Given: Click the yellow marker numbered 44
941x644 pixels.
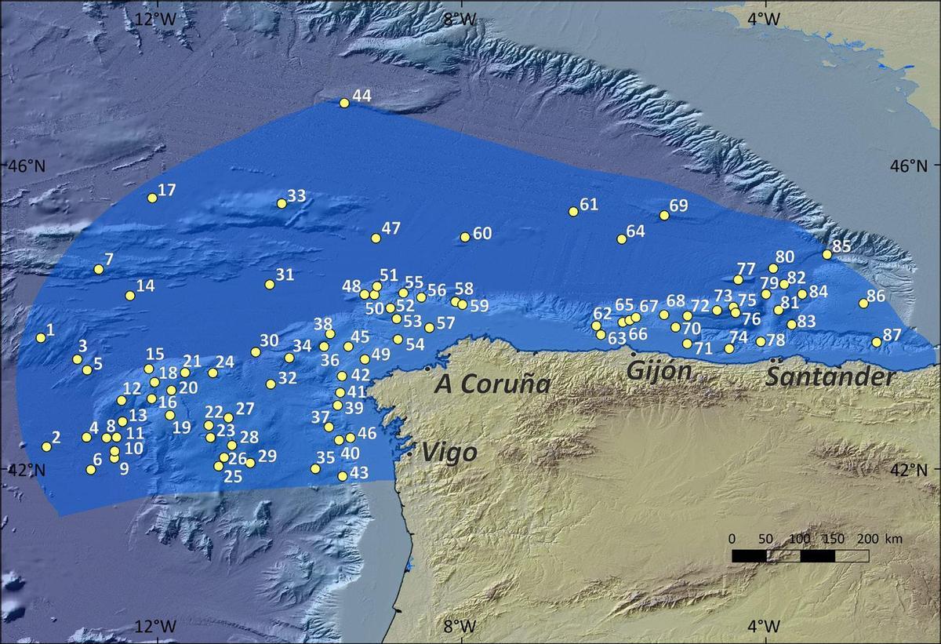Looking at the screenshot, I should coord(344,103).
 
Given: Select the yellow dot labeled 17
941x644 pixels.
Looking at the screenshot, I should coord(152,198).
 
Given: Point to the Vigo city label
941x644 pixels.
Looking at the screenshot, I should coord(449,453).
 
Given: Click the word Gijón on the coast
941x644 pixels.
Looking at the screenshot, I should coord(658,370).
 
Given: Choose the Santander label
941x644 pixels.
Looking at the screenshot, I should coord(830,377).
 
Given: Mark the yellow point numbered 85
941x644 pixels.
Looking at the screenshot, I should coord(827,254).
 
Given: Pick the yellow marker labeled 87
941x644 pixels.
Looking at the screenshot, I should coord(877,342).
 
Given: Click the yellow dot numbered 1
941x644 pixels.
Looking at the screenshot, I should coord(41,338).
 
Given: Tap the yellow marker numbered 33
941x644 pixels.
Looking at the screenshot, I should coord(282,204).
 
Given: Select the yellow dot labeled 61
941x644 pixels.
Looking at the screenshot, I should coord(573,212).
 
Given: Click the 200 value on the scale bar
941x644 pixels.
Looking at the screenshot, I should coord(869,539).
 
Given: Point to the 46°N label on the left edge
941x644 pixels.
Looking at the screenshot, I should coord(24,166).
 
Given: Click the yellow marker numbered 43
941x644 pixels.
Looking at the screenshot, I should coord(343,476).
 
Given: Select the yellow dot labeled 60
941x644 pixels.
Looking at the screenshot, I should coord(465,237).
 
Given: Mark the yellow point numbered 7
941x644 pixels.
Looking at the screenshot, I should coord(99,269).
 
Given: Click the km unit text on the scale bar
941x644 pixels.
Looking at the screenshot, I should coord(893,539).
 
